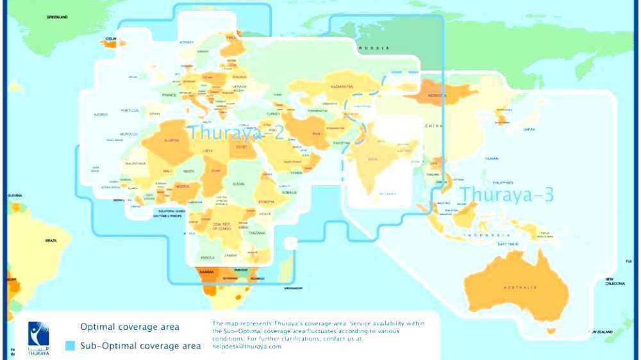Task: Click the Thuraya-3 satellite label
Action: point(506,194)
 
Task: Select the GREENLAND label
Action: point(57,17)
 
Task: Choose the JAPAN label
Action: point(529,129)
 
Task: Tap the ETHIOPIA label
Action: point(267,200)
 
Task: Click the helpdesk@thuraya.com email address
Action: point(247,347)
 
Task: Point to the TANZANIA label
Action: point(256,233)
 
